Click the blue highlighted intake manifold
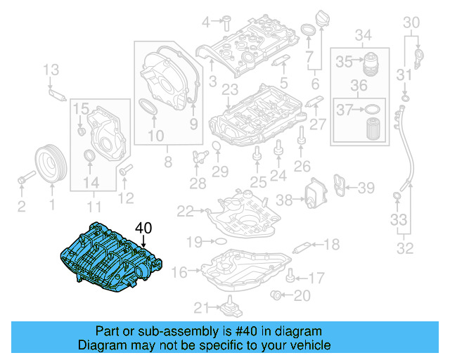pyautogui.click(x=109, y=257)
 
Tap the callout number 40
pyautogui.click(x=143, y=228)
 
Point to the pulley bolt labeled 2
pyautogui.click(x=25, y=178)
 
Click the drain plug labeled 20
pyautogui.click(x=277, y=295)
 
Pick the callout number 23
pyautogui.click(x=228, y=89)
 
